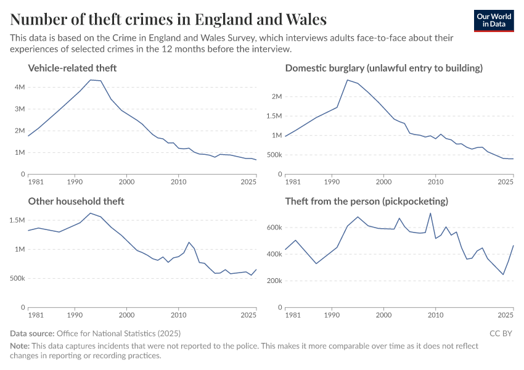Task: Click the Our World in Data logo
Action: pos(493,20)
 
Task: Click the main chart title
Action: pos(168,19)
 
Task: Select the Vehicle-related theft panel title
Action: pos(72,68)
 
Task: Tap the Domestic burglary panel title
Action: pos(383,68)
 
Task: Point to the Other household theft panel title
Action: pos(76,201)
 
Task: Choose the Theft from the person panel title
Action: pos(366,201)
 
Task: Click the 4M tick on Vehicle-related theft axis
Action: pos(20,87)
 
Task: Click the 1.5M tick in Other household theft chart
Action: pos(17,220)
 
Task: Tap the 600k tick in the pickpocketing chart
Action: pos(273,228)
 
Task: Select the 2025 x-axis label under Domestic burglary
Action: pos(506,183)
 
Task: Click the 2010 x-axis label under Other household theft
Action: pos(178,316)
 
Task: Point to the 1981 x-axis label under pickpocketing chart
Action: pos(293,316)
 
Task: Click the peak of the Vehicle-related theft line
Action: pos(91,80)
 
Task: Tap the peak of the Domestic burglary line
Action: pos(347,80)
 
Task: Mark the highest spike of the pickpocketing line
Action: pos(430,213)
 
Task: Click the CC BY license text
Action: pos(501,333)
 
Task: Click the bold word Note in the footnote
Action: pos(20,346)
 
